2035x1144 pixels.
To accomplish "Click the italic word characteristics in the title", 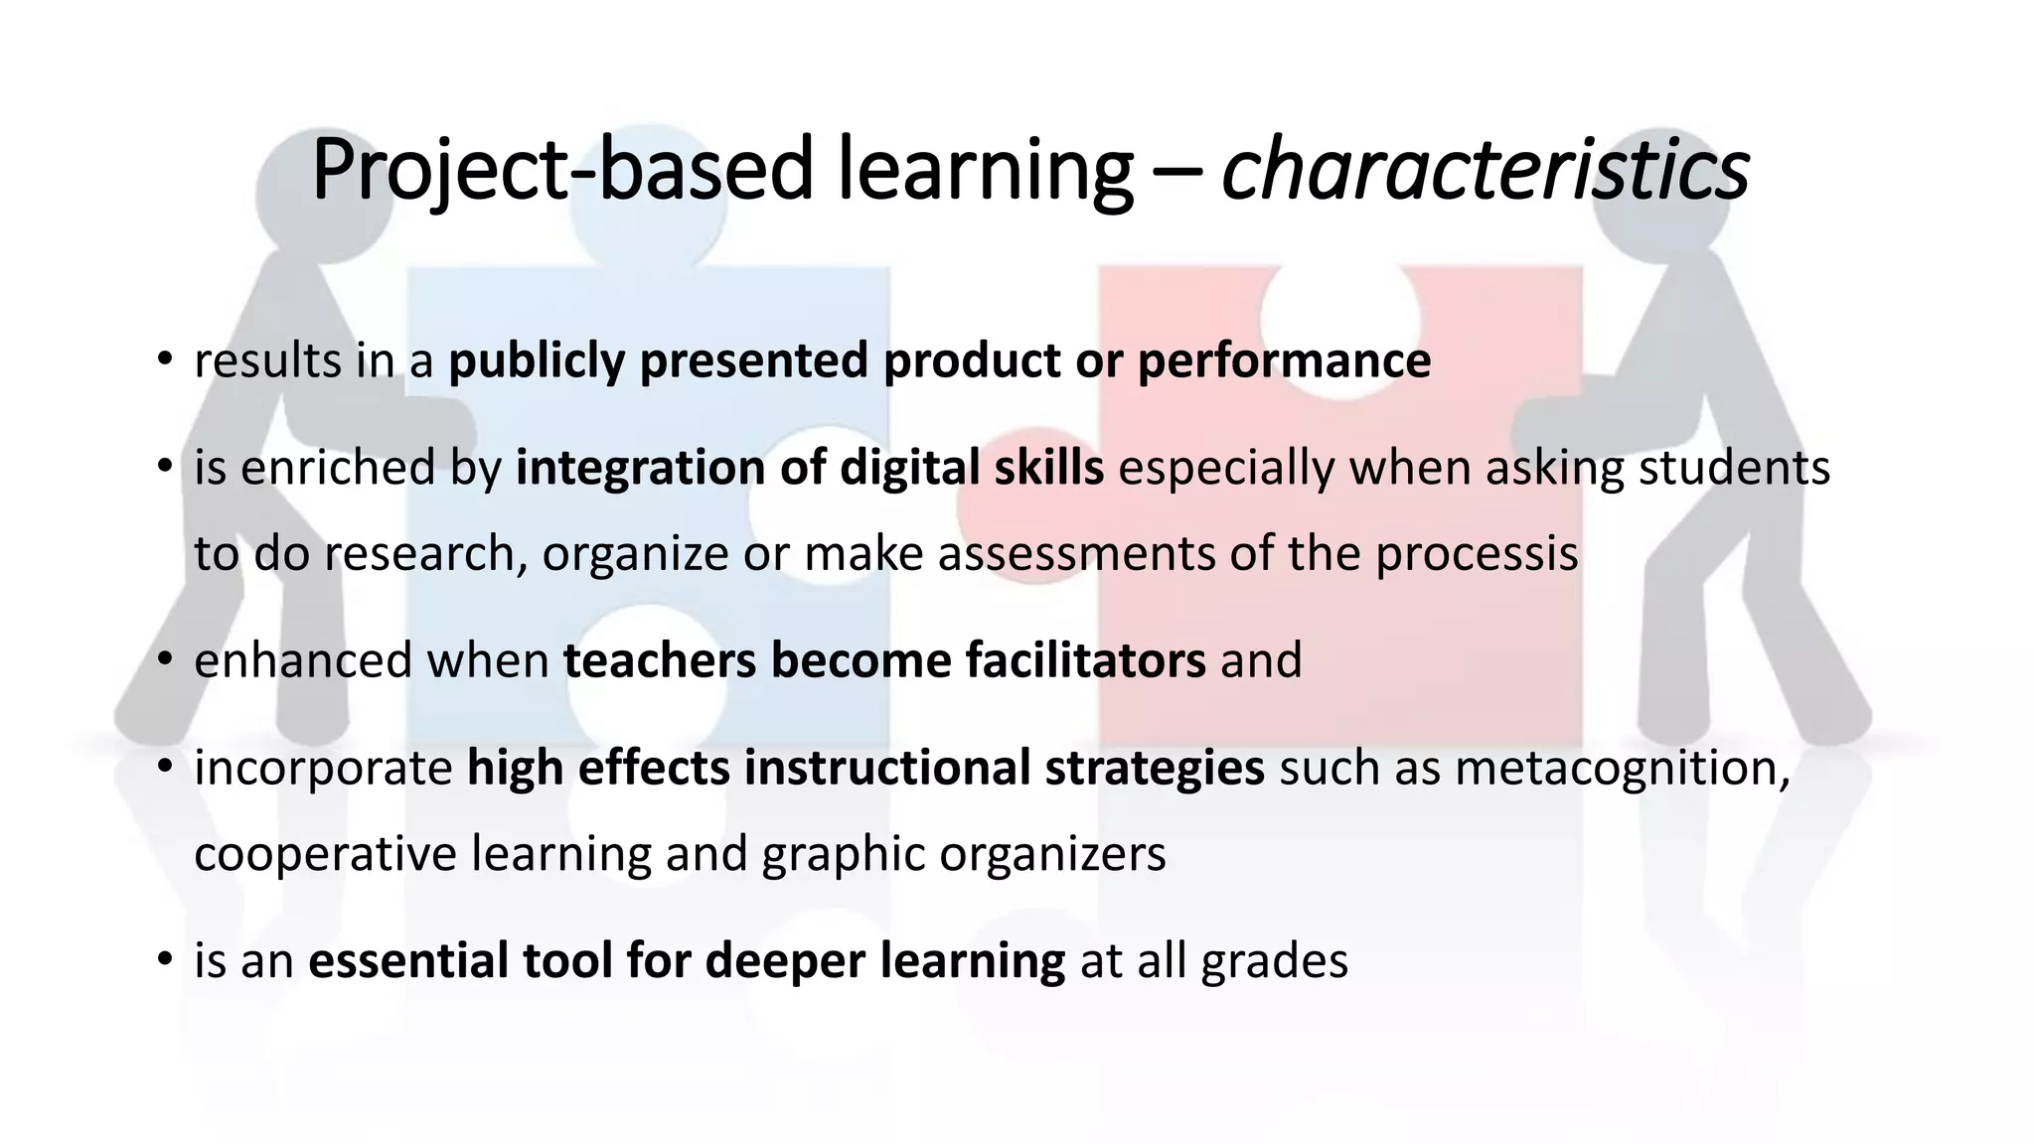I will pos(1485,170).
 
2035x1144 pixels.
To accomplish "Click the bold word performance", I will pos(1284,360).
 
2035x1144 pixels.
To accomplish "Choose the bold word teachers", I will pos(660,660).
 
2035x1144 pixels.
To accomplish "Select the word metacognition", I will pos(1623,768).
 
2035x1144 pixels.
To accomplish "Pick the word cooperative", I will pos(325,854).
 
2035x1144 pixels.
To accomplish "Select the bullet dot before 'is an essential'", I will pos(165,960).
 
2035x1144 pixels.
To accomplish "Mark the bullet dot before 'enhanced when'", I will pos(165,659).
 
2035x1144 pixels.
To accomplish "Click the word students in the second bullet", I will pos(1734,468).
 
